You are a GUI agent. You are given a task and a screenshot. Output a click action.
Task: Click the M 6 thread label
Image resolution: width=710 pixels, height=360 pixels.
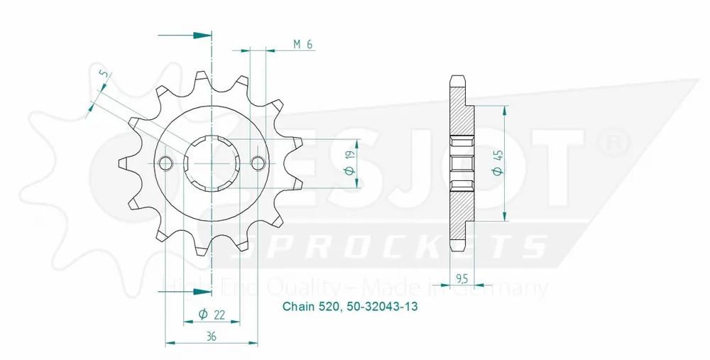[303, 45]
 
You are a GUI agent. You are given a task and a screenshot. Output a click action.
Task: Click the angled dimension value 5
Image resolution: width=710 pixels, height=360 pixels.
[103, 75]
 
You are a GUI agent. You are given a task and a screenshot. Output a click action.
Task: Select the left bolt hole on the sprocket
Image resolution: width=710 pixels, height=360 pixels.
[166, 163]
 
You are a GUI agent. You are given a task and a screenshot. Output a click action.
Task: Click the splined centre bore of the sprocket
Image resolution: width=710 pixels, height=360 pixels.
[212, 163]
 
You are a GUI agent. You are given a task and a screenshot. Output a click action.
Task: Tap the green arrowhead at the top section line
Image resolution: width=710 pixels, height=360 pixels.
[205, 35]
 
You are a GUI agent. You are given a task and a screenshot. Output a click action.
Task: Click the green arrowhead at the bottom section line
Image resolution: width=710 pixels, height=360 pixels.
[205, 291]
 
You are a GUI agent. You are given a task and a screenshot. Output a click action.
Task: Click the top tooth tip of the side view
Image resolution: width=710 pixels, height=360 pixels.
[457, 77]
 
